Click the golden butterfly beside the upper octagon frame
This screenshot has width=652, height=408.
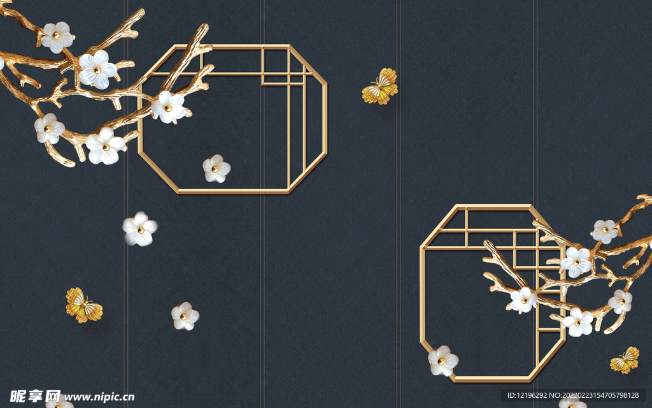coord(379,87)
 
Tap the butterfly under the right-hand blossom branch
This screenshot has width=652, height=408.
coord(625,360)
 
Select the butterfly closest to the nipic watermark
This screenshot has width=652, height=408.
coord(84,305)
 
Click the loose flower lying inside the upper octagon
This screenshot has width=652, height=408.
coord(216,168)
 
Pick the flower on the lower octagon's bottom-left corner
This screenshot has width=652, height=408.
coord(443,361)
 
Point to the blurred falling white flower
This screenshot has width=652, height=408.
coord(140,229)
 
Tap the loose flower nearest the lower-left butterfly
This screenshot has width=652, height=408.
coord(185,316)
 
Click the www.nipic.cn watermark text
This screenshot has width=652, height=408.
coord(99,397)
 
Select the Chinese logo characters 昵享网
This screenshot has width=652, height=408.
coord(35,397)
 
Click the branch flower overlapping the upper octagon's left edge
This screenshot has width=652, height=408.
coord(168,107)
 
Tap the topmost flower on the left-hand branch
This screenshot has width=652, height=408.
coord(57,37)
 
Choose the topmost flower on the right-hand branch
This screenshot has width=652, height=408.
coord(605,231)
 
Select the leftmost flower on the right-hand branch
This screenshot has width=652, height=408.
coord(523,300)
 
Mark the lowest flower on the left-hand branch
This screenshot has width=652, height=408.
coord(105,146)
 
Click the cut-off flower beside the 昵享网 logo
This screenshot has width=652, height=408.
coord(59,402)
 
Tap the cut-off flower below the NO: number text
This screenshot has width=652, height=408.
coord(572,403)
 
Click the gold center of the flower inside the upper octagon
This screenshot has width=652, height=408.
coord(215,169)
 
